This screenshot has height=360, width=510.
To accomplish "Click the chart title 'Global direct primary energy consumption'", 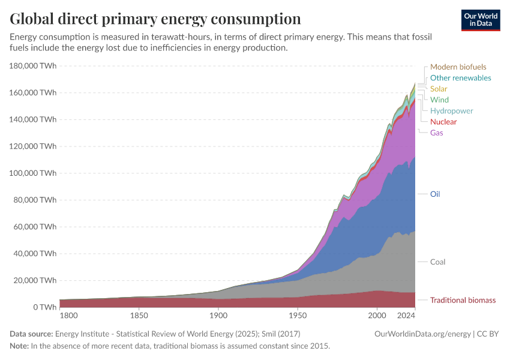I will click(155, 19).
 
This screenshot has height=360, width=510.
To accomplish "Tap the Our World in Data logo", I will click(480, 20).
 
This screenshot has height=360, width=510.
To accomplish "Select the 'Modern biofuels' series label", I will click(458, 67).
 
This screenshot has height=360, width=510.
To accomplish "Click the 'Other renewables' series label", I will click(460, 78).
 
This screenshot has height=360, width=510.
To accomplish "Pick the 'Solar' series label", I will click(439, 89).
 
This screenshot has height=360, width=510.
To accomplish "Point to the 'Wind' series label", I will click(439, 100).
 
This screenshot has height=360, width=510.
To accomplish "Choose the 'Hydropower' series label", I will click(451, 111).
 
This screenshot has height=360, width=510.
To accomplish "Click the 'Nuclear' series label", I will click(443, 122).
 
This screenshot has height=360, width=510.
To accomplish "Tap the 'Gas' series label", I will click(436, 133).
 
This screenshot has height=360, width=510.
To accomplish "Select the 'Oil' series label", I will click(435, 194).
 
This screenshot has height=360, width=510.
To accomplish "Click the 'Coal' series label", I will click(437, 262).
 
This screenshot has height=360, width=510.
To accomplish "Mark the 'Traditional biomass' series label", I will click(463, 300).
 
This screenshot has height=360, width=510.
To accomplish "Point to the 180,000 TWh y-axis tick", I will click(34, 65).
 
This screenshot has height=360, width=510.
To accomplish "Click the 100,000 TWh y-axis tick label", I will click(34, 173).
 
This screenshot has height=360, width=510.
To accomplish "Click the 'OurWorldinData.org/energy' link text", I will click(422, 334).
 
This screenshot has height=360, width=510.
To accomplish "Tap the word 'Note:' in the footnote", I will click(20, 346).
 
